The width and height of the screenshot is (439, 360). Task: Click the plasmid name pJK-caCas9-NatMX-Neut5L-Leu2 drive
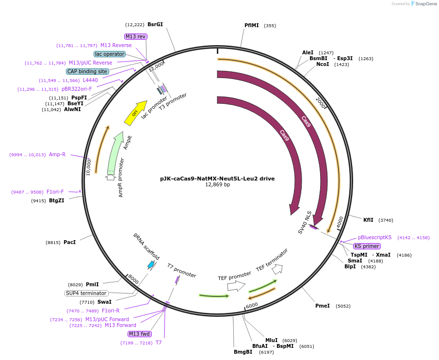coord(217,179)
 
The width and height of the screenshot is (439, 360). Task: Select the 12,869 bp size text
coord(217,185)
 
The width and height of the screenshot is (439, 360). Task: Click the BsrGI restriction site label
coord(155,24)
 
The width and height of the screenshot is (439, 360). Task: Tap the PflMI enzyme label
coord(252,25)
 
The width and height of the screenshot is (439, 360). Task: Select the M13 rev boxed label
coord(136,36)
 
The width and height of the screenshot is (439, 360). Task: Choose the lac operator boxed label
coord(110,54)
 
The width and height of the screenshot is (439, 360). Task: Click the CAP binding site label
coord(87,71)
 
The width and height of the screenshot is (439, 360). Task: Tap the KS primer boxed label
coord(367,246)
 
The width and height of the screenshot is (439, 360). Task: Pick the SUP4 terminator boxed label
coord(86,293)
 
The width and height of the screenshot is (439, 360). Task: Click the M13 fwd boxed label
coord(140,334)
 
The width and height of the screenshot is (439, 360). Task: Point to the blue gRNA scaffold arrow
coord(151,264)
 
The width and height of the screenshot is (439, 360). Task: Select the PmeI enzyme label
coord(323,306)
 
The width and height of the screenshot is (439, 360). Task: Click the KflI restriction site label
coord(369,220)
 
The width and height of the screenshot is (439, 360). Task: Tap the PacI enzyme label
coord(69,242)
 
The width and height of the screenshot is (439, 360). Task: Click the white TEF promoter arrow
coord(236,286)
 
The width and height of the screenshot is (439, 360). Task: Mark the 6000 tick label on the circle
coord(252,306)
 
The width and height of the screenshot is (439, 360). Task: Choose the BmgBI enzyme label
coord(243,352)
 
